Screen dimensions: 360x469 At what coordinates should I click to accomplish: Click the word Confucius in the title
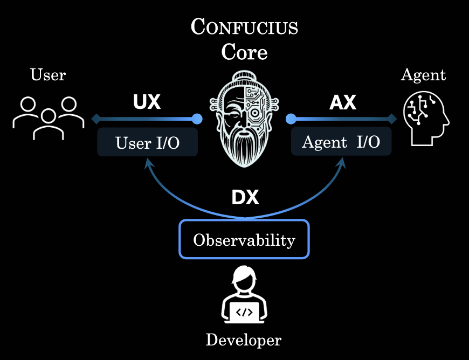[244, 27]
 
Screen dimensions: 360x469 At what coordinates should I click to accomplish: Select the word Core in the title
[244, 52]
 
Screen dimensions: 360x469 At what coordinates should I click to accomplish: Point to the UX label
[147, 102]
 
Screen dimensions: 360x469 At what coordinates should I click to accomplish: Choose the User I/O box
[147, 142]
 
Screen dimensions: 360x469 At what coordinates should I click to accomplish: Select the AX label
[342, 102]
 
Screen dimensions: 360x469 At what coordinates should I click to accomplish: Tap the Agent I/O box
[341, 142]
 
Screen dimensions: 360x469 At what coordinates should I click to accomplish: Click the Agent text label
[423, 74]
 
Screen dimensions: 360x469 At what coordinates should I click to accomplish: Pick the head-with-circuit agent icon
[426, 117]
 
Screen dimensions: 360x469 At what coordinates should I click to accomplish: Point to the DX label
[245, 198]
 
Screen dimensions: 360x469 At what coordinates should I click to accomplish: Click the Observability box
[244, 239]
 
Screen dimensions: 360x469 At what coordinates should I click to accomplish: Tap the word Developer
[243, 340]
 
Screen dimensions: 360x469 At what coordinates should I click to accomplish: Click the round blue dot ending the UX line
[197, 119]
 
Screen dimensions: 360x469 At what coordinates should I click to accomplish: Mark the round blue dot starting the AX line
[291, 119]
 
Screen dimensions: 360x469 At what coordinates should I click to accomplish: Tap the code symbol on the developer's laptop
[244, 311]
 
